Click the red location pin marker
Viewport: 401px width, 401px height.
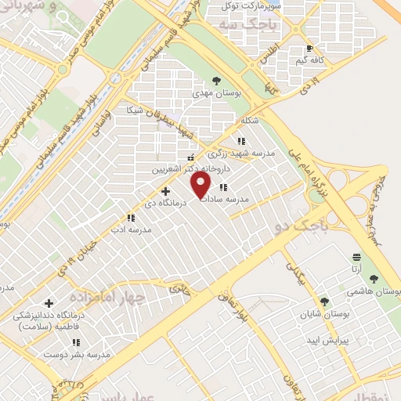pyautogui.click(x=201, y=186)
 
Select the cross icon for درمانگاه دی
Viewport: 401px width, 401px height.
pyautogui.click(x=164, y=190)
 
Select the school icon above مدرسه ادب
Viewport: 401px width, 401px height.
pyautogui.click(x=131, y=218)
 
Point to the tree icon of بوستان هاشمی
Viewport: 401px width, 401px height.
pyautogui.click(x=373, y=278)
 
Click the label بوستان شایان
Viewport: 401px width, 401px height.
pyautogui.click(x=322, y=315)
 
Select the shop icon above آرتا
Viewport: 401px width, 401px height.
pyautogui.click(x=357, y=257)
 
